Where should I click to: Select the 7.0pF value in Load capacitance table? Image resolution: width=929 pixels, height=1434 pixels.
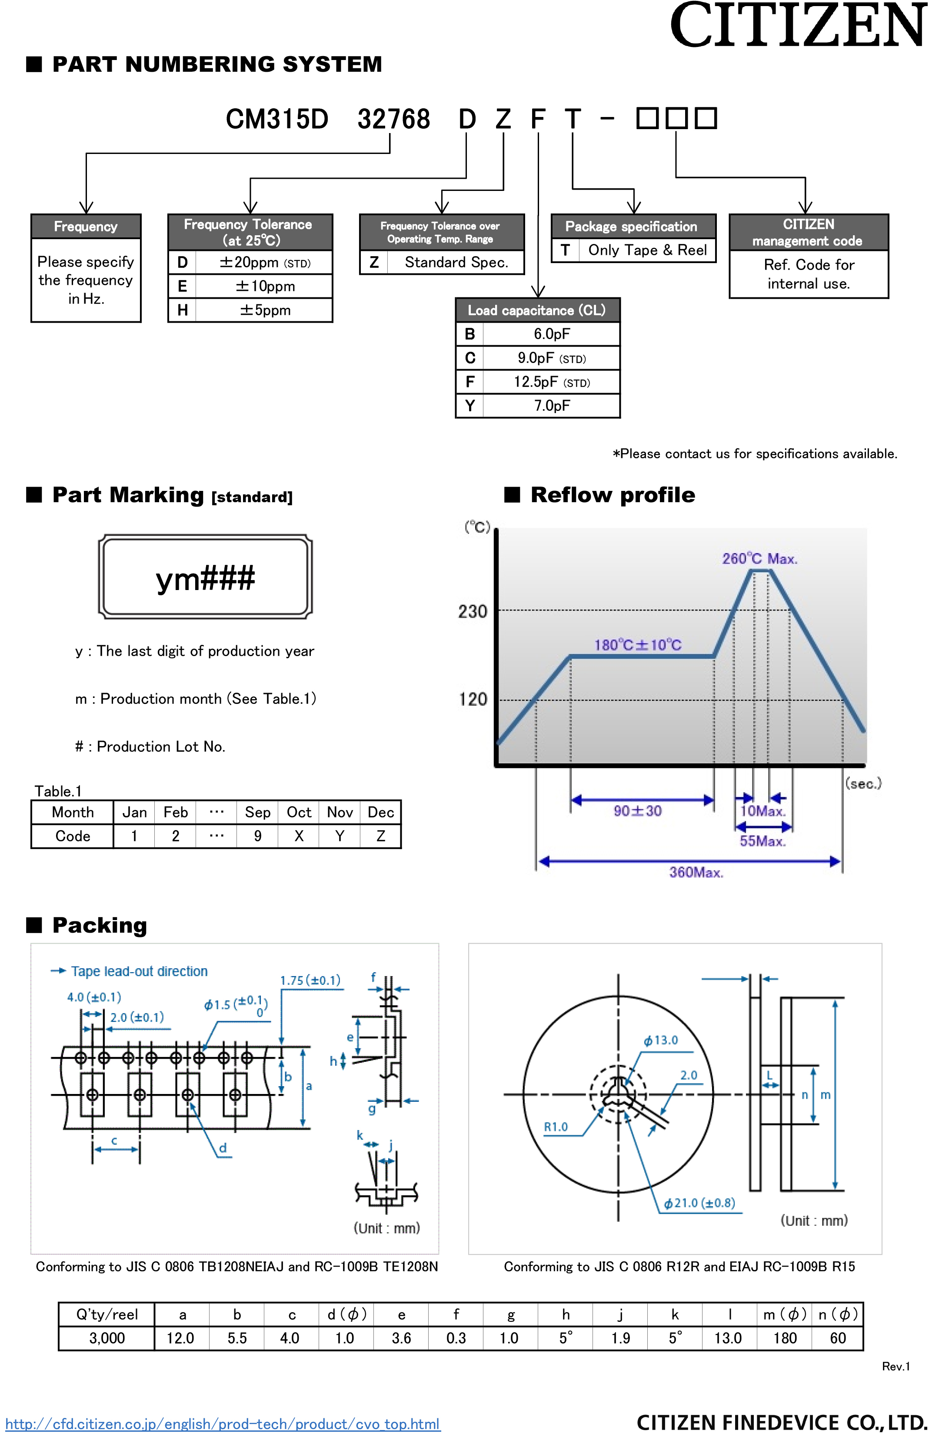(551, 406)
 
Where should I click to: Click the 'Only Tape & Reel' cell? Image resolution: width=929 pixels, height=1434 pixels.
(647, 250)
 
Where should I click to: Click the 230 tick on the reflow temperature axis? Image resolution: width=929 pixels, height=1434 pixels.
(473, 611)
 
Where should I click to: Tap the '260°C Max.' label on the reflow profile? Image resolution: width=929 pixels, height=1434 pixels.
(759, 559)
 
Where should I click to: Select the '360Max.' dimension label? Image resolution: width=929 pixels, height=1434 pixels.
(696, 872)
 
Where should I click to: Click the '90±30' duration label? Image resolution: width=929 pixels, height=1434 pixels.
(637, 810)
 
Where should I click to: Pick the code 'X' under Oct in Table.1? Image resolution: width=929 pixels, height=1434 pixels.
(299, 836)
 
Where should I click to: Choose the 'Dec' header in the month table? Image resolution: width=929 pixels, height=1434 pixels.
(381, 812)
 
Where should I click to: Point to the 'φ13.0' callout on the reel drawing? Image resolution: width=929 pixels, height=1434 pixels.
(661, 1040)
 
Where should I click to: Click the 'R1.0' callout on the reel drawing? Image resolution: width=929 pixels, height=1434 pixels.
(556, 1127)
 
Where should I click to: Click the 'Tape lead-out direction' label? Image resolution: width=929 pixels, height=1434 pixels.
(139, 971)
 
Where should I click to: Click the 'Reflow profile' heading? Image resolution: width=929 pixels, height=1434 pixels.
(613, 495)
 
